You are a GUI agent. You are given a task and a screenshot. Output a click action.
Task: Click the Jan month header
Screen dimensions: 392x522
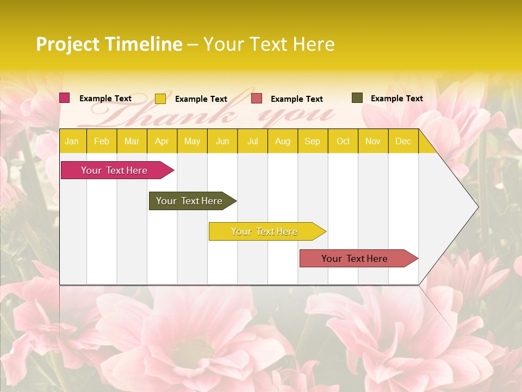[72, 142]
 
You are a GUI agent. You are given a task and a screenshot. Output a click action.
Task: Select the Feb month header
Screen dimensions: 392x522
[102, 142]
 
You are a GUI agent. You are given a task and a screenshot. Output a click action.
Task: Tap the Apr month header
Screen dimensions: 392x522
[162, 142]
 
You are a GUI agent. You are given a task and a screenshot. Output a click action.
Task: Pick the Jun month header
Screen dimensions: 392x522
[222, 142]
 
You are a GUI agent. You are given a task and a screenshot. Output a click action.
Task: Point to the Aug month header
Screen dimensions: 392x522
[283, 142]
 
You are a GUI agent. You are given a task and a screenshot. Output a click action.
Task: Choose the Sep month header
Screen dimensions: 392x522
[313, 142]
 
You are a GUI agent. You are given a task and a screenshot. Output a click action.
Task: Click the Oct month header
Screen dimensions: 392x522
[343, 142]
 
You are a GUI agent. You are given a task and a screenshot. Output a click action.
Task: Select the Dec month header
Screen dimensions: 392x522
[403, 142]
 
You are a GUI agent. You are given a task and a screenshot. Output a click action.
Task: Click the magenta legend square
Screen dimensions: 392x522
[65, 98]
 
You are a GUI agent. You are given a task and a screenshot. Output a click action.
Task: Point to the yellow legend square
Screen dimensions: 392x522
[160, 99]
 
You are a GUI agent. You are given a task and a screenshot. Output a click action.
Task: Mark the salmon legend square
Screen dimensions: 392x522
[257, 99]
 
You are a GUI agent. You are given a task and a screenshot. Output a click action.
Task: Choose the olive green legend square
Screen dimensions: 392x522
[357, 98]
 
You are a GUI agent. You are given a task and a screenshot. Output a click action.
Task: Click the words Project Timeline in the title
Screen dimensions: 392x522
[109, 44]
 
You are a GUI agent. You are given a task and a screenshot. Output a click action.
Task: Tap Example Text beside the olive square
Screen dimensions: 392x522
[397, 99]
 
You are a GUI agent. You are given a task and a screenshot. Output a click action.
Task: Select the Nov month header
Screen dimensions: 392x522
[373, 142]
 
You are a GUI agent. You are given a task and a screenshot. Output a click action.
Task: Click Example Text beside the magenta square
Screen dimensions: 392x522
[105, 99]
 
